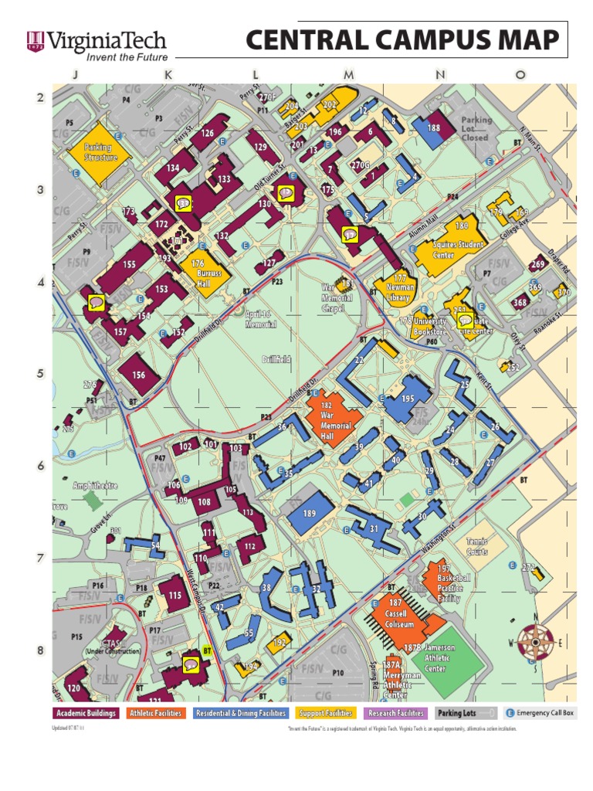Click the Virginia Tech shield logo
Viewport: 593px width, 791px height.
pos(36,42)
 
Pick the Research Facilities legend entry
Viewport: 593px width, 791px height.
pos(395,713)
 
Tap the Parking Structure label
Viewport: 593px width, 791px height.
pos(97,152)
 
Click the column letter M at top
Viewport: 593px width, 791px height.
pos(349,75)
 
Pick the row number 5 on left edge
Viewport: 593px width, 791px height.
pos(39,374)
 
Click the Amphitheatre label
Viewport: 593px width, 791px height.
pos(95,486)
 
